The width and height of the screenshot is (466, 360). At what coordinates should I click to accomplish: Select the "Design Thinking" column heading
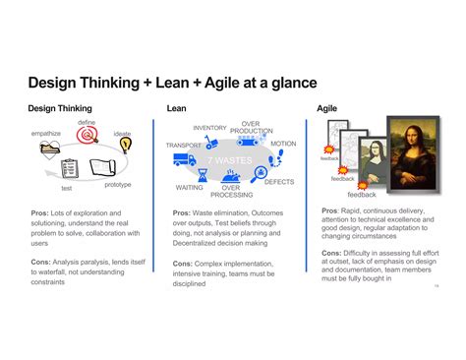(x=60, y=108)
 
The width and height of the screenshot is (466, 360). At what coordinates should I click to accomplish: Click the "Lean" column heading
(x=178, y=108)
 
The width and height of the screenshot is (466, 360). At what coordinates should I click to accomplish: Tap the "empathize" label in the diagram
(x=46, y=133)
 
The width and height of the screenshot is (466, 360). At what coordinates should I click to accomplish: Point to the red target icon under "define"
(x=87, y=138)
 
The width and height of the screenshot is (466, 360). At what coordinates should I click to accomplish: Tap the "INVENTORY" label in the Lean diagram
(x=209, y=128)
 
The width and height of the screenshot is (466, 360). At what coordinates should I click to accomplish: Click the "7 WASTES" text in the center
(x=229, y=160)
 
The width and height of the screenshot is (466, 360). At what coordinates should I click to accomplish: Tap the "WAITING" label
(x=190, y=186)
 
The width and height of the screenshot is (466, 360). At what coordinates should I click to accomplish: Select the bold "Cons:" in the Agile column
(x=332, y=253)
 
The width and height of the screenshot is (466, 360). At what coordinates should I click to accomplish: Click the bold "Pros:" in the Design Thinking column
(x=39, y=212)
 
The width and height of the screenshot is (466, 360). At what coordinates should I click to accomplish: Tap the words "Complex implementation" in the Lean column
(x=236, y=263)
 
